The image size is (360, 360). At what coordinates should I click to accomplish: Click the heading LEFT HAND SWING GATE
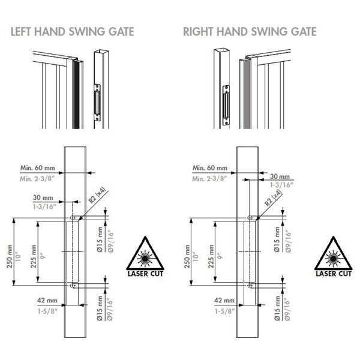(x=72, y=32)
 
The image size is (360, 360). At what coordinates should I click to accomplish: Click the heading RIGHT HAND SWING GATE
(x=250, y=32)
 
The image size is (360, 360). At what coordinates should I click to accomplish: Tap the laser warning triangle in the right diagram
(x=333, y=257)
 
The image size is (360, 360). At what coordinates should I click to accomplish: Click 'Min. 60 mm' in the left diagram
(x=34, y=168)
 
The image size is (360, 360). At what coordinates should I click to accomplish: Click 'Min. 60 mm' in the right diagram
(x=210, y=168)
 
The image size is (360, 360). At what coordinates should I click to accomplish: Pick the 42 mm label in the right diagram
(x=224, y=299)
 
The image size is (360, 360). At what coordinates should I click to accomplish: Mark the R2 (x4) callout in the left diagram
(x=95, y=196)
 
